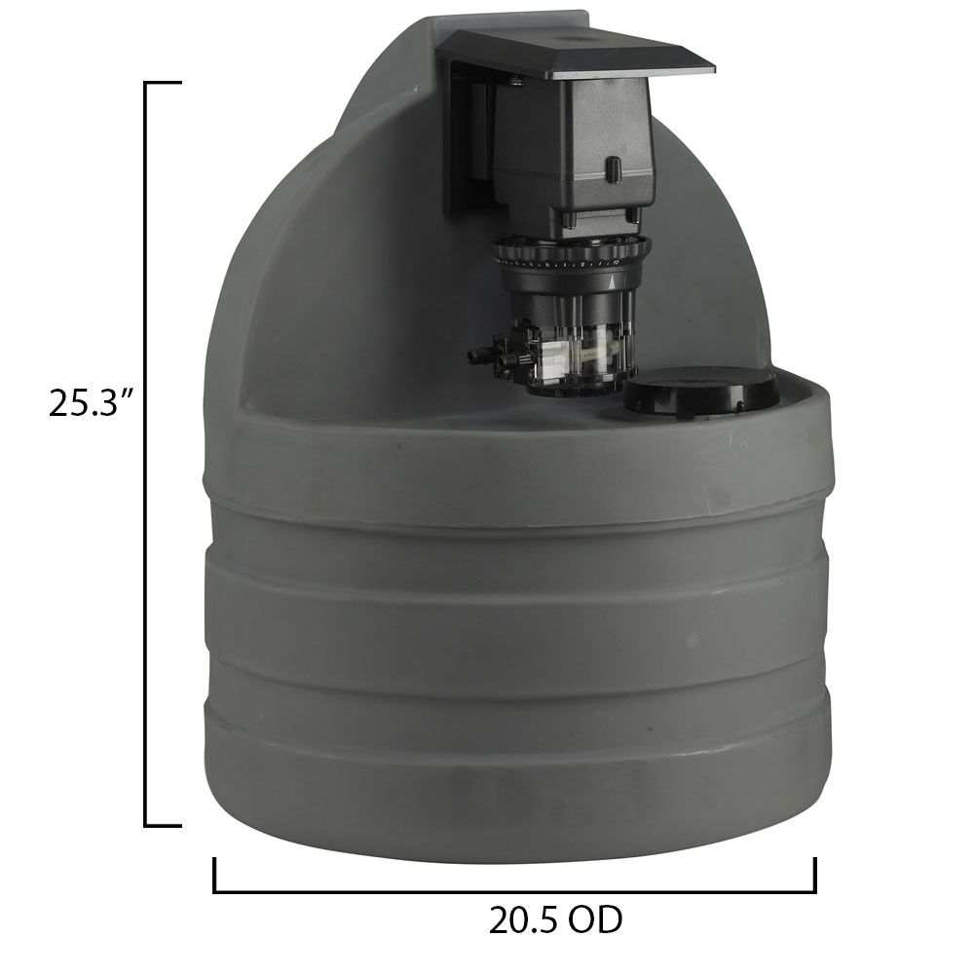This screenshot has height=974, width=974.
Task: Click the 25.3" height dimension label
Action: click(x=91, y=402)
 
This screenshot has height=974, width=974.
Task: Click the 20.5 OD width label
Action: click(x=556, y=918)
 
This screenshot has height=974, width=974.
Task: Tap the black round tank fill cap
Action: click(x=700, y=393)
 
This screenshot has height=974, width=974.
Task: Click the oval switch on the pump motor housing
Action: click(x=613, y=169)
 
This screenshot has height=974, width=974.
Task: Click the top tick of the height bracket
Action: click(x=164, y=84)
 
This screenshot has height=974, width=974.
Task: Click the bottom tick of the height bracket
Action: click(x=164, y=825)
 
